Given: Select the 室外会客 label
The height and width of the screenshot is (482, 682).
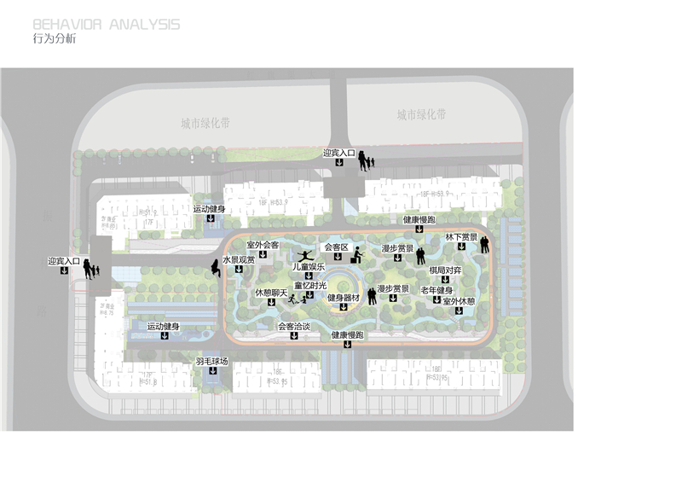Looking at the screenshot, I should coord(263,245).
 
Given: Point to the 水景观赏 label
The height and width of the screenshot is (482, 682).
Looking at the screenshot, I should coord(240,259).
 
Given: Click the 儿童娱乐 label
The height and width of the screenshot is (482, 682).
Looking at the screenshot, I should coord(309,267).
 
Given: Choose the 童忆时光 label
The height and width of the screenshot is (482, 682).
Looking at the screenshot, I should coord(310,285).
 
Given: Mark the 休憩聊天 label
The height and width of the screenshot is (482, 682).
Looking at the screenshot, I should coord(271,293).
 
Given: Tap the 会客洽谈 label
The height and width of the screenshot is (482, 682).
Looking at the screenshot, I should coord(294,326).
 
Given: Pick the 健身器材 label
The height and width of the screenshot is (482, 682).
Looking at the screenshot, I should coord(344,298).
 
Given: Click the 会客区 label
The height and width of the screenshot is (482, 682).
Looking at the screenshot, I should coord(337,247).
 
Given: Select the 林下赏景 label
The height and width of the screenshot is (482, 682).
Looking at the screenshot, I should coord(461,237).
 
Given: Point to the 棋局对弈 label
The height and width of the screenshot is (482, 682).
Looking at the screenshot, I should coord(445,270).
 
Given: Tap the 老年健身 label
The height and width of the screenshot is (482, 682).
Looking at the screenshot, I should coord(436,290).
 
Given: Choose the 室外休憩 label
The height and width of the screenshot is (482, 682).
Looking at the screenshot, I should coord(459,301).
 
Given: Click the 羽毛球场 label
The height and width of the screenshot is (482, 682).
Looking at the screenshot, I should coord(212,362).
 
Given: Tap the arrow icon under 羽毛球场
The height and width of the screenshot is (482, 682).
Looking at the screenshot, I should coord(212,372).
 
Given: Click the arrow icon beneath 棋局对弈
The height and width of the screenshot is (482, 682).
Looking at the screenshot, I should coord(445,279).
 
